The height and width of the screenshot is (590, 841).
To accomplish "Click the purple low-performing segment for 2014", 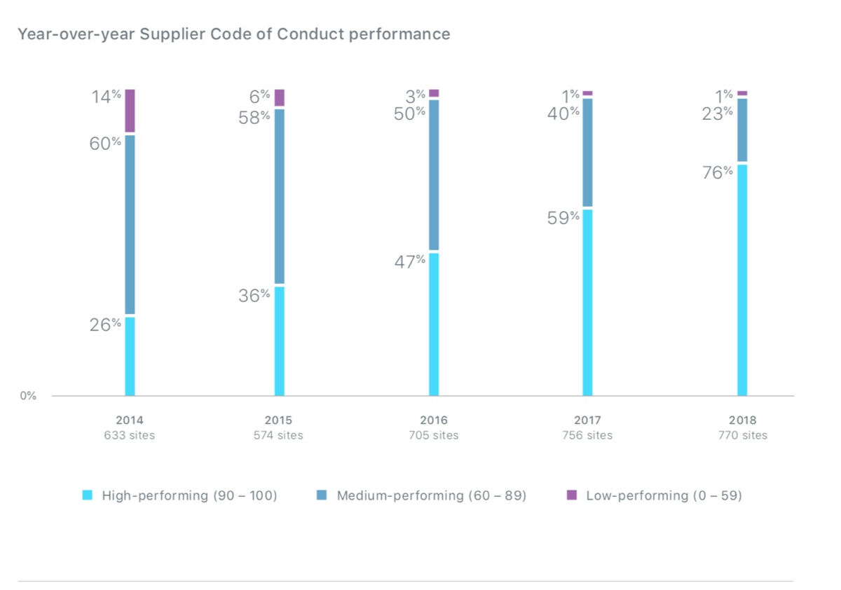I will click(130, 111).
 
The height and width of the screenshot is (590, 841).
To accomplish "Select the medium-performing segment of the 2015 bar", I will click(280, 196).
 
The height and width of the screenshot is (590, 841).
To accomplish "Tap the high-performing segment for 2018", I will click(742, 280).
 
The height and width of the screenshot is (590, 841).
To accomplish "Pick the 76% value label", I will click(718, 172).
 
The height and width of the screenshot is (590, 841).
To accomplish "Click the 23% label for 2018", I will click(718, 113).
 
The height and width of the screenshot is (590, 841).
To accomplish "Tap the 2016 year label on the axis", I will click(434, 420).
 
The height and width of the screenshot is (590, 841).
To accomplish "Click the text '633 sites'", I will click(130, 435).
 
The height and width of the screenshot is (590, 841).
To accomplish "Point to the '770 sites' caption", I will click(742, 435).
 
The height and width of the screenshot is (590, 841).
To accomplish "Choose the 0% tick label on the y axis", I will click(27, 396).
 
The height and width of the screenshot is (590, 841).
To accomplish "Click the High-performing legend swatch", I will click(88, 495).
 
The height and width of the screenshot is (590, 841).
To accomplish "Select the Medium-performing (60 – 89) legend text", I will click(431, 495).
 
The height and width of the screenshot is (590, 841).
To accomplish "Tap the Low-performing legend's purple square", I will click(572, 495).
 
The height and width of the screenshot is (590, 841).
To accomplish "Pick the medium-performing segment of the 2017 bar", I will click(587, 153).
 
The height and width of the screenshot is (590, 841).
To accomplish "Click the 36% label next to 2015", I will click(254, 296).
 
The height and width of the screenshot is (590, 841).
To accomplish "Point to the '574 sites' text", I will click(278, 435).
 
